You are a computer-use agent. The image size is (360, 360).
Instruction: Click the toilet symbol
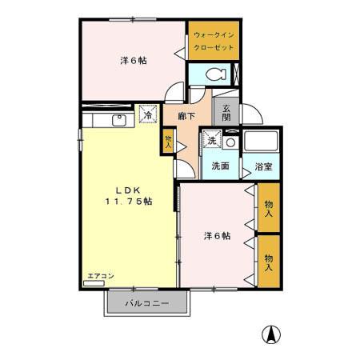[x=214, y=74]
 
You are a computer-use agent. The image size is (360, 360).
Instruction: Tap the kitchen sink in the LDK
[x=118, y=120]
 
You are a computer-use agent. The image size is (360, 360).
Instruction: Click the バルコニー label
[x=146, y=305]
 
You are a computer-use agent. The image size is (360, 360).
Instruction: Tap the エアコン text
[x=100, y=276]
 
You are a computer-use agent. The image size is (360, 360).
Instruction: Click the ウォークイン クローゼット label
[x=214, y=42]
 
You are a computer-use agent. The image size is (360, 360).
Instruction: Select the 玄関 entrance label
[x=226, y=114]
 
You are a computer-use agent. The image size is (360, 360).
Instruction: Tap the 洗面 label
[x=220, y=166]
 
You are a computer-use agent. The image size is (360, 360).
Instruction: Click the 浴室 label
[x=263, y=166]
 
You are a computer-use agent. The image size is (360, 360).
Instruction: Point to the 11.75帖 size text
[x=128, y=202]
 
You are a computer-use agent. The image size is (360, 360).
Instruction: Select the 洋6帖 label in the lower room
[x=217, y=236]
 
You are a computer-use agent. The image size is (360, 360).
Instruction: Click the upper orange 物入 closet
[x=269, y=209]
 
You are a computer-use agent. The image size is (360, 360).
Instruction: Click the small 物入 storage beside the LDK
[x=168, y=142]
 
